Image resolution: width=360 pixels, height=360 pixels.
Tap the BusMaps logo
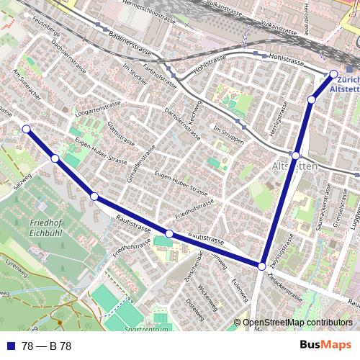point(326,346)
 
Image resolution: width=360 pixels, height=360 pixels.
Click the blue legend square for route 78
point(10,346)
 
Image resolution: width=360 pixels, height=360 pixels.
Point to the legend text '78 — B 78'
point(46,346)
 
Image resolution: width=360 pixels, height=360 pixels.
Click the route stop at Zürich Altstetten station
point(333,74)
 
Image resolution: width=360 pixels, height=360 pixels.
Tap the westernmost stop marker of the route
point(26,129)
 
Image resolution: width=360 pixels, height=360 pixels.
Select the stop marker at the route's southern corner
point(262,266)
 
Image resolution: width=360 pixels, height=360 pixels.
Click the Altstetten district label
point(294,166)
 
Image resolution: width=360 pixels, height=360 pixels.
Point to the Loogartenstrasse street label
point(97,108)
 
